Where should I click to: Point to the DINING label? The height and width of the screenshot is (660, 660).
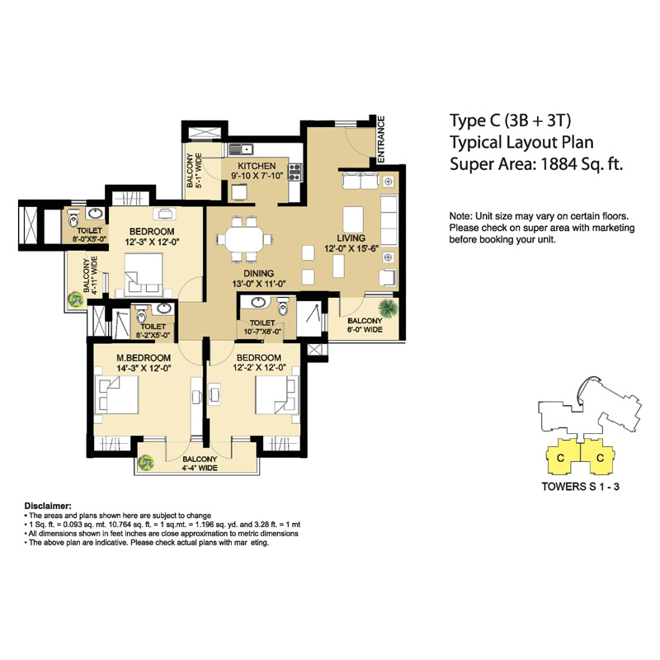click(258, 273)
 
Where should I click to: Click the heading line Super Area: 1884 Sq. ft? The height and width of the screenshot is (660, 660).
click(535, 164)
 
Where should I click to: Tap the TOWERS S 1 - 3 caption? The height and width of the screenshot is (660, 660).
click(579, 487)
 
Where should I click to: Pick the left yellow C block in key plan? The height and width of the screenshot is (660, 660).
click(560, 457)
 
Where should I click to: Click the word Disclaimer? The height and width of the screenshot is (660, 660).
click(48, 505)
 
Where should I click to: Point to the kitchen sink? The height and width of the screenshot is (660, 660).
click(240, 149)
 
